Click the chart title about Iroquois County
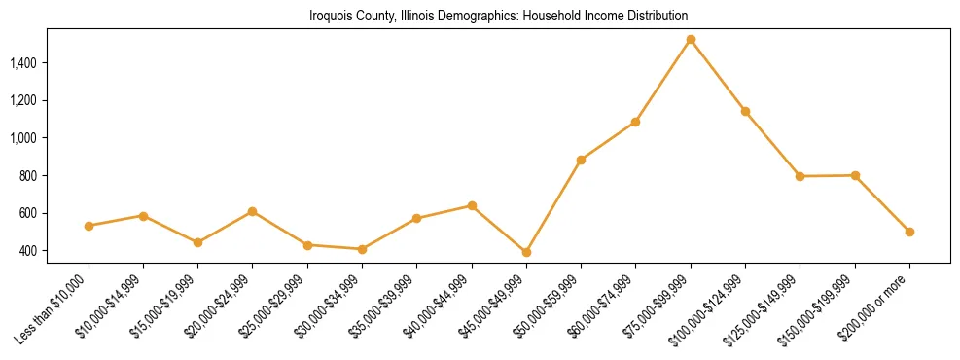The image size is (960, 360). pos(498,17)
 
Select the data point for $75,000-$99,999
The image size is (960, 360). pos(691,40)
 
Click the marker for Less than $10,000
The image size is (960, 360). pos(89,226)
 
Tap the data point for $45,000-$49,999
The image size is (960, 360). pos(526,252)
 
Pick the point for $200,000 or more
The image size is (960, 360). pos(909,232)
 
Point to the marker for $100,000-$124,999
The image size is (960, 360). pos(745,111)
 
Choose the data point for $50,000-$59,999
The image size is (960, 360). pos(581,160)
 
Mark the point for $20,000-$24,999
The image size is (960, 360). pos(253,211)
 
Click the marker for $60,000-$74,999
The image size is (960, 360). pos(635,122)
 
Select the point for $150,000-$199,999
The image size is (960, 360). pos(855,175)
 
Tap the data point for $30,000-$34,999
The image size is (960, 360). pos(362,249)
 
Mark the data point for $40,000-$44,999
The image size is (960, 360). pos(472,205)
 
